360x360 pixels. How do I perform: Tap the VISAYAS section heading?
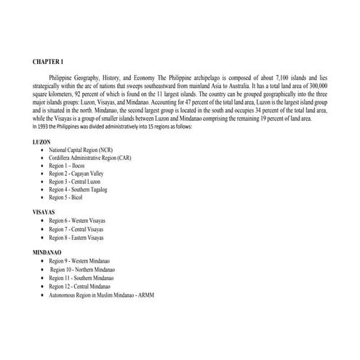point(46,212)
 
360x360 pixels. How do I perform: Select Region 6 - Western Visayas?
point(81,221)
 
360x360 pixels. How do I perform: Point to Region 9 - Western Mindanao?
point(84,260)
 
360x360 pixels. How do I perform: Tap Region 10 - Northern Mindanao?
point(86,269)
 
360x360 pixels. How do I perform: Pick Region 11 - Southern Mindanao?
point(86,278)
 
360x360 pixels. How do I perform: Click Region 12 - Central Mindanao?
point(84,287)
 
